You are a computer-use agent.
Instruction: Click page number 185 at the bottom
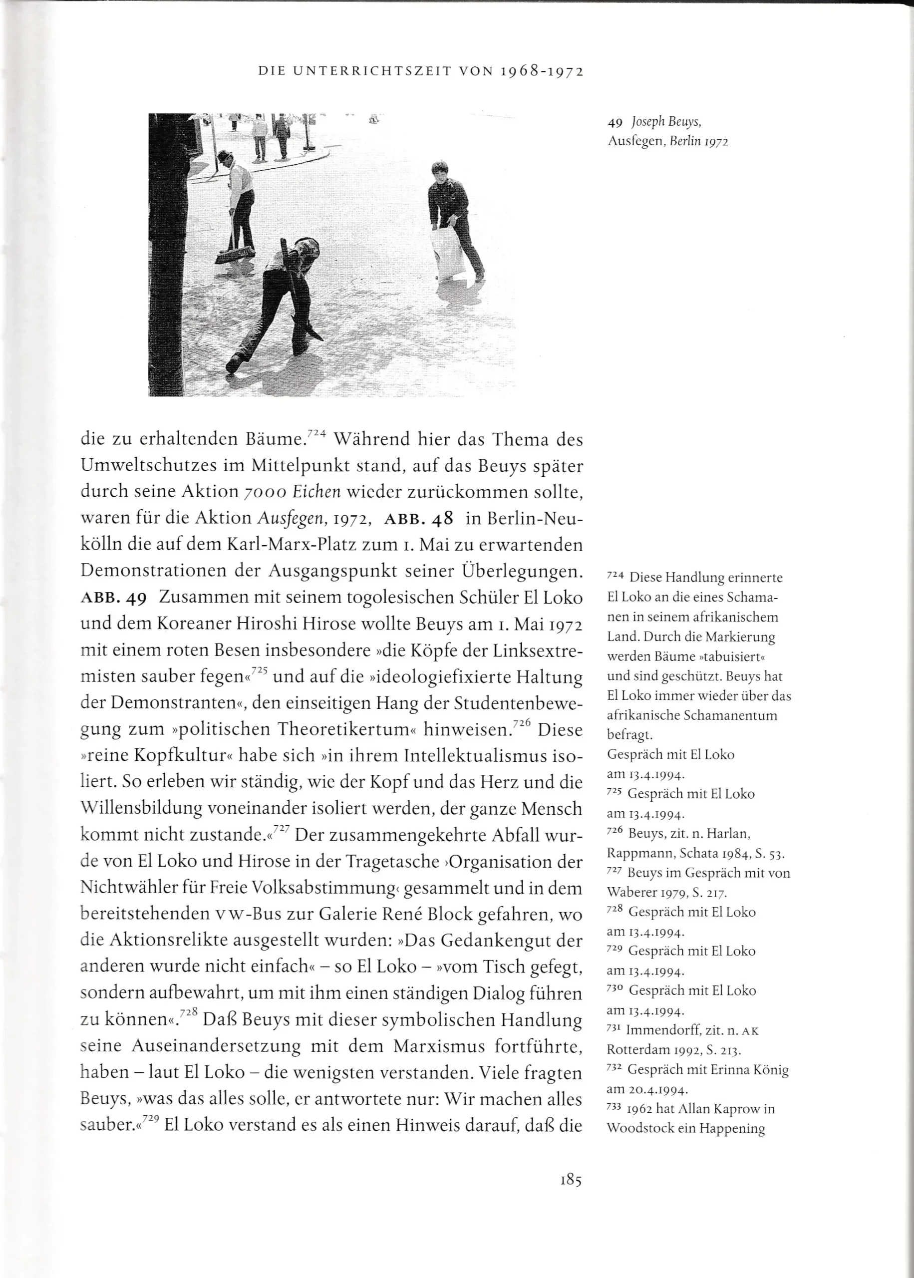(571, 1180)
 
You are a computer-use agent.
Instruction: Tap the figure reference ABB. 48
(418, 518)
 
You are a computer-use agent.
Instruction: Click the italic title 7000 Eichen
(293, 492)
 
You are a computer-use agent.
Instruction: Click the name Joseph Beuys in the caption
(666, 121)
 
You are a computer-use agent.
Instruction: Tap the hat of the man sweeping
(226, 155)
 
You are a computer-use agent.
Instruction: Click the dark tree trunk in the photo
(169, 253)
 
